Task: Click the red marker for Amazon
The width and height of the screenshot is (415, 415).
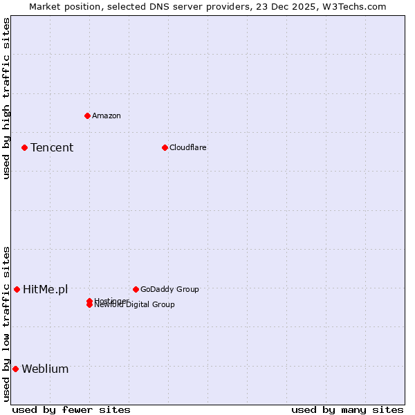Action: coord(87,116)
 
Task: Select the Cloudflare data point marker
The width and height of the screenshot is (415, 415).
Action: coord(165,147)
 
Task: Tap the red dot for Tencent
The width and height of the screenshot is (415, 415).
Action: coord(24,147)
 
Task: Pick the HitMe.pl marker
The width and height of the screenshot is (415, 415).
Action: coord(17,289)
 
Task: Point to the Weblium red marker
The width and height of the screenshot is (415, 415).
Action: coord(15,369)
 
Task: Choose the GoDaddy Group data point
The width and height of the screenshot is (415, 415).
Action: coord(136,289)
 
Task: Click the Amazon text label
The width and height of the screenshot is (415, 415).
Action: coord(107,116)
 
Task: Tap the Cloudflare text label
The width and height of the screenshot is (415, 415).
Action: coord(188,147)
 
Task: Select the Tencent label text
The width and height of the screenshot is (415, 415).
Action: coord(52,147)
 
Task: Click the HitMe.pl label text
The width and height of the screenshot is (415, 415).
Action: coord(46,289)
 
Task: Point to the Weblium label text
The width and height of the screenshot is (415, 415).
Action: coord(45,369)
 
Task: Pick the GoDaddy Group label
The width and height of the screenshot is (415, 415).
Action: coord(169,289)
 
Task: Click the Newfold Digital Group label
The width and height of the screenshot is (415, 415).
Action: coord(135,305)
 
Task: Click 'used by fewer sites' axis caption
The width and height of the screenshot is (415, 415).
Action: coord(71,409)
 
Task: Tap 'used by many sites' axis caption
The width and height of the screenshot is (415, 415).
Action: coord(347,409)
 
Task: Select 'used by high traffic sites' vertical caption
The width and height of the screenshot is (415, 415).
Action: coord(6,98)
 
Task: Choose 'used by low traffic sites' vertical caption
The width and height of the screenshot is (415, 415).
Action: coord(6,324)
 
